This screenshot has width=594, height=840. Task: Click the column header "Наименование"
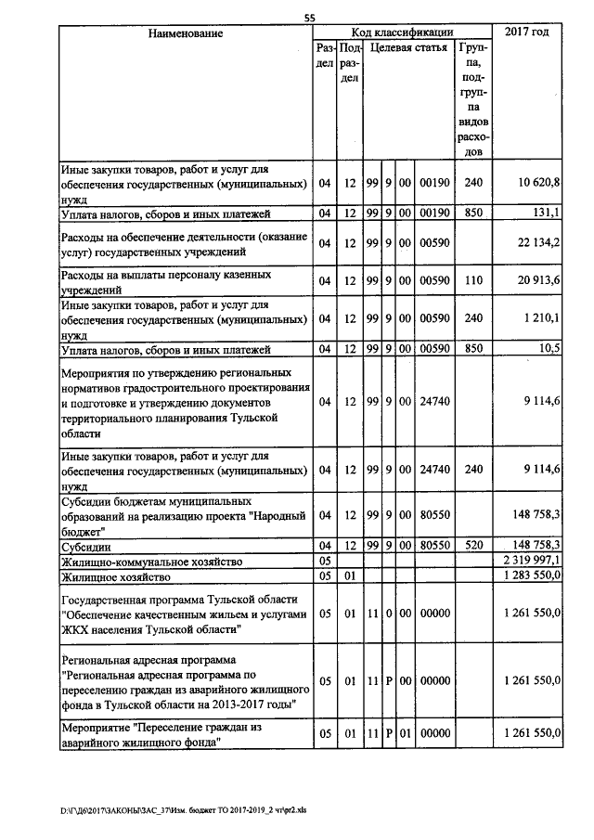click(x=186, y=33)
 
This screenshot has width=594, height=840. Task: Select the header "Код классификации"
click(x=402, y=33)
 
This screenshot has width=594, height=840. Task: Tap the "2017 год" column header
click(x=526, y=33)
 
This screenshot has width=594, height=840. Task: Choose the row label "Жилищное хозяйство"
click(x=117, y=576)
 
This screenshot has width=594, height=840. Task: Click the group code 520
click(x=473, y=547)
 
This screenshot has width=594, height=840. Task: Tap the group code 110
click(x=473, y=281)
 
